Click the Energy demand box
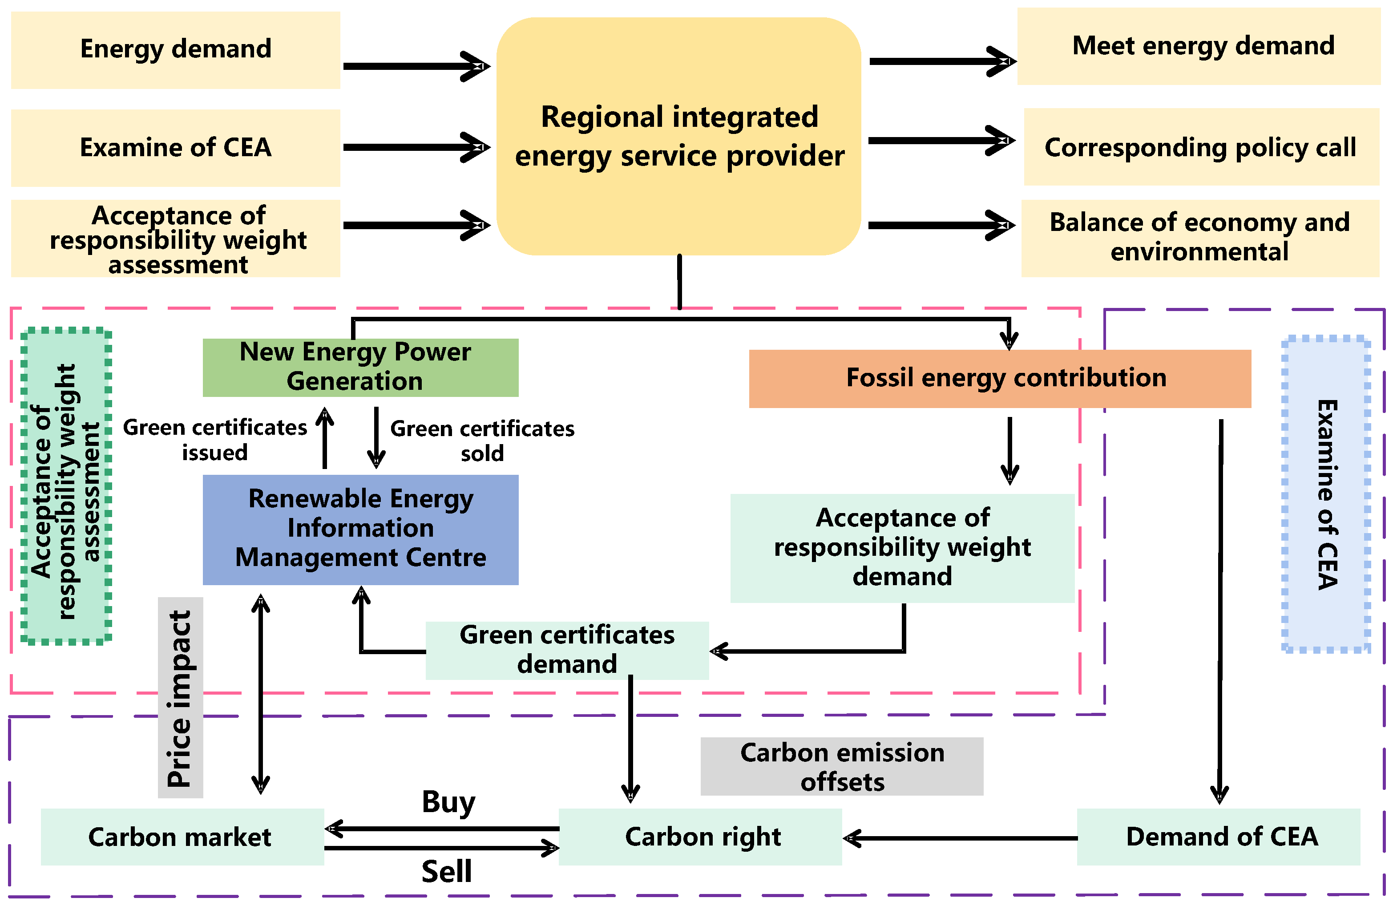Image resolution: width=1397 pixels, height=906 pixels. point(175,50)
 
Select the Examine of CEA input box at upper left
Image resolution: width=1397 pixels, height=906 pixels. point(175,148)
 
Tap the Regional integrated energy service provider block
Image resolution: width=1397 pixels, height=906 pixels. point(678,136)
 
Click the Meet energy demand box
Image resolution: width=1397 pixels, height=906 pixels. point(1198,46)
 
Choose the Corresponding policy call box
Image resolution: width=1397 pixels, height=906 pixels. point(1201,147)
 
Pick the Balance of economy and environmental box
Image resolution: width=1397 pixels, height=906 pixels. point(1200,238)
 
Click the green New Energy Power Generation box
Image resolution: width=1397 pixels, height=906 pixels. point(360,367)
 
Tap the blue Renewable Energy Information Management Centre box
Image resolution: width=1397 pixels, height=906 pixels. point(360,529)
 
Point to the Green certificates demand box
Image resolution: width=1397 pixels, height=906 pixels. point(566,650)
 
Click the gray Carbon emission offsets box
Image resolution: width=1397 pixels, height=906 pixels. point(841,766)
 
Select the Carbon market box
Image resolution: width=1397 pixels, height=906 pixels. point(182,836)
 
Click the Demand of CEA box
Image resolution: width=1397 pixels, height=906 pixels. point(1218,836)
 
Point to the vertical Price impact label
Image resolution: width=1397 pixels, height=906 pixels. point(180,698)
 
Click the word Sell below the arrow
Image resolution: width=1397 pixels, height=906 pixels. point(446,871)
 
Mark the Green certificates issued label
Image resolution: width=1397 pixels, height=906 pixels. point(215,440)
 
